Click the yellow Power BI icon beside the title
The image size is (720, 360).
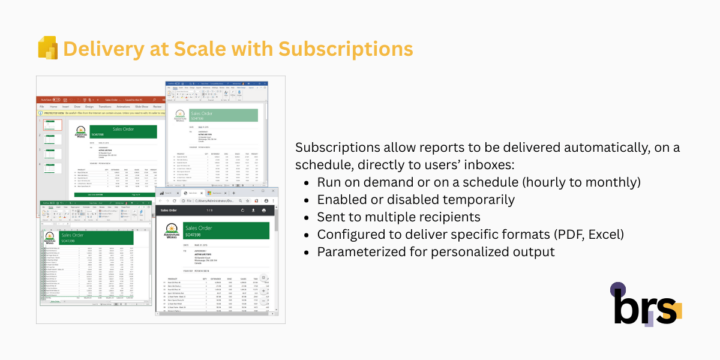(47, 48)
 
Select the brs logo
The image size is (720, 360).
(646, 305)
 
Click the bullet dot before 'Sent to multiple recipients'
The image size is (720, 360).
(308, 217)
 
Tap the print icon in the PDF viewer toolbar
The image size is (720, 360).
(263, 211)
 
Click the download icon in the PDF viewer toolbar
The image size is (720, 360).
(253, 211)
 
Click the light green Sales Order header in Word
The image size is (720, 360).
(223, 116)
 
